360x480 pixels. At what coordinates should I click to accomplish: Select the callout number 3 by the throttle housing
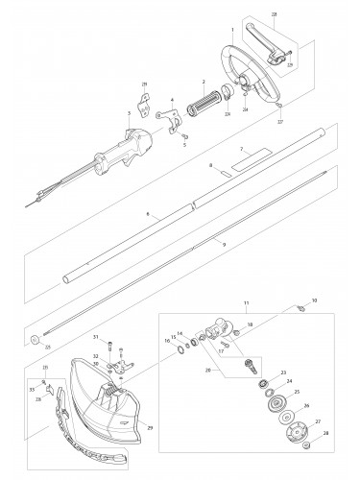pos(128,111)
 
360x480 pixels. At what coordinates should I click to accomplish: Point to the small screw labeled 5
pos(171,100)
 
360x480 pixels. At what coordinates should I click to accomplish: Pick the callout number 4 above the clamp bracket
pos(171,100)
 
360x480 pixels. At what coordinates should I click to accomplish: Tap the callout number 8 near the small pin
pos(209,165)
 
